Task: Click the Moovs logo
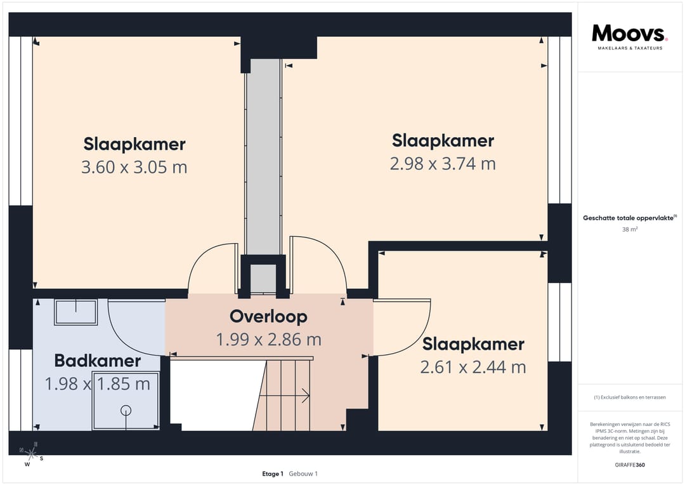pyautogui.click(x=629, y=33)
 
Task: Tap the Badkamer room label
pyautogui.click(x=98, y=361)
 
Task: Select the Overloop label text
pyautogui.click(x=268, y=317)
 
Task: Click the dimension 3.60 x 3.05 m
pyautogui.click(x=134, y=167)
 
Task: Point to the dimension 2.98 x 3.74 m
pyautogui.click(x=443, y=164)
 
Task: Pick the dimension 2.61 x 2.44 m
pyautogui.click(x=473, y=368)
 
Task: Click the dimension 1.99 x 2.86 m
pyautogui.click(x=269, y=340)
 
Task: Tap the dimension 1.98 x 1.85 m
pyautogui.click(x=98, y=384)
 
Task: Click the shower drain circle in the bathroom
pyautogui.click(x=126, y=410)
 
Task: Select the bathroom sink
pyautogui.click(x=75, y=312)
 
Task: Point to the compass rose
pyautogui.click(x=30, y=454)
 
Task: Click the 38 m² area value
pyautogui.click(x=630, y=229)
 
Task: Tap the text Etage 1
pyautogui.click(x=273, y=474)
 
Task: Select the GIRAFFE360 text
pyautogui.click(x=630, y=465)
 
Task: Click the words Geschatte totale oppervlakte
pyautogui.click(x=628, y=218)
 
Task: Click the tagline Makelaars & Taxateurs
pyautogui.click(x=630, y=48)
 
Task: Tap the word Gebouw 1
pyautogui.click(x=303, y=474)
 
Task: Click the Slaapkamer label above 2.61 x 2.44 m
pyautogui.click(x=473, y=344)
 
